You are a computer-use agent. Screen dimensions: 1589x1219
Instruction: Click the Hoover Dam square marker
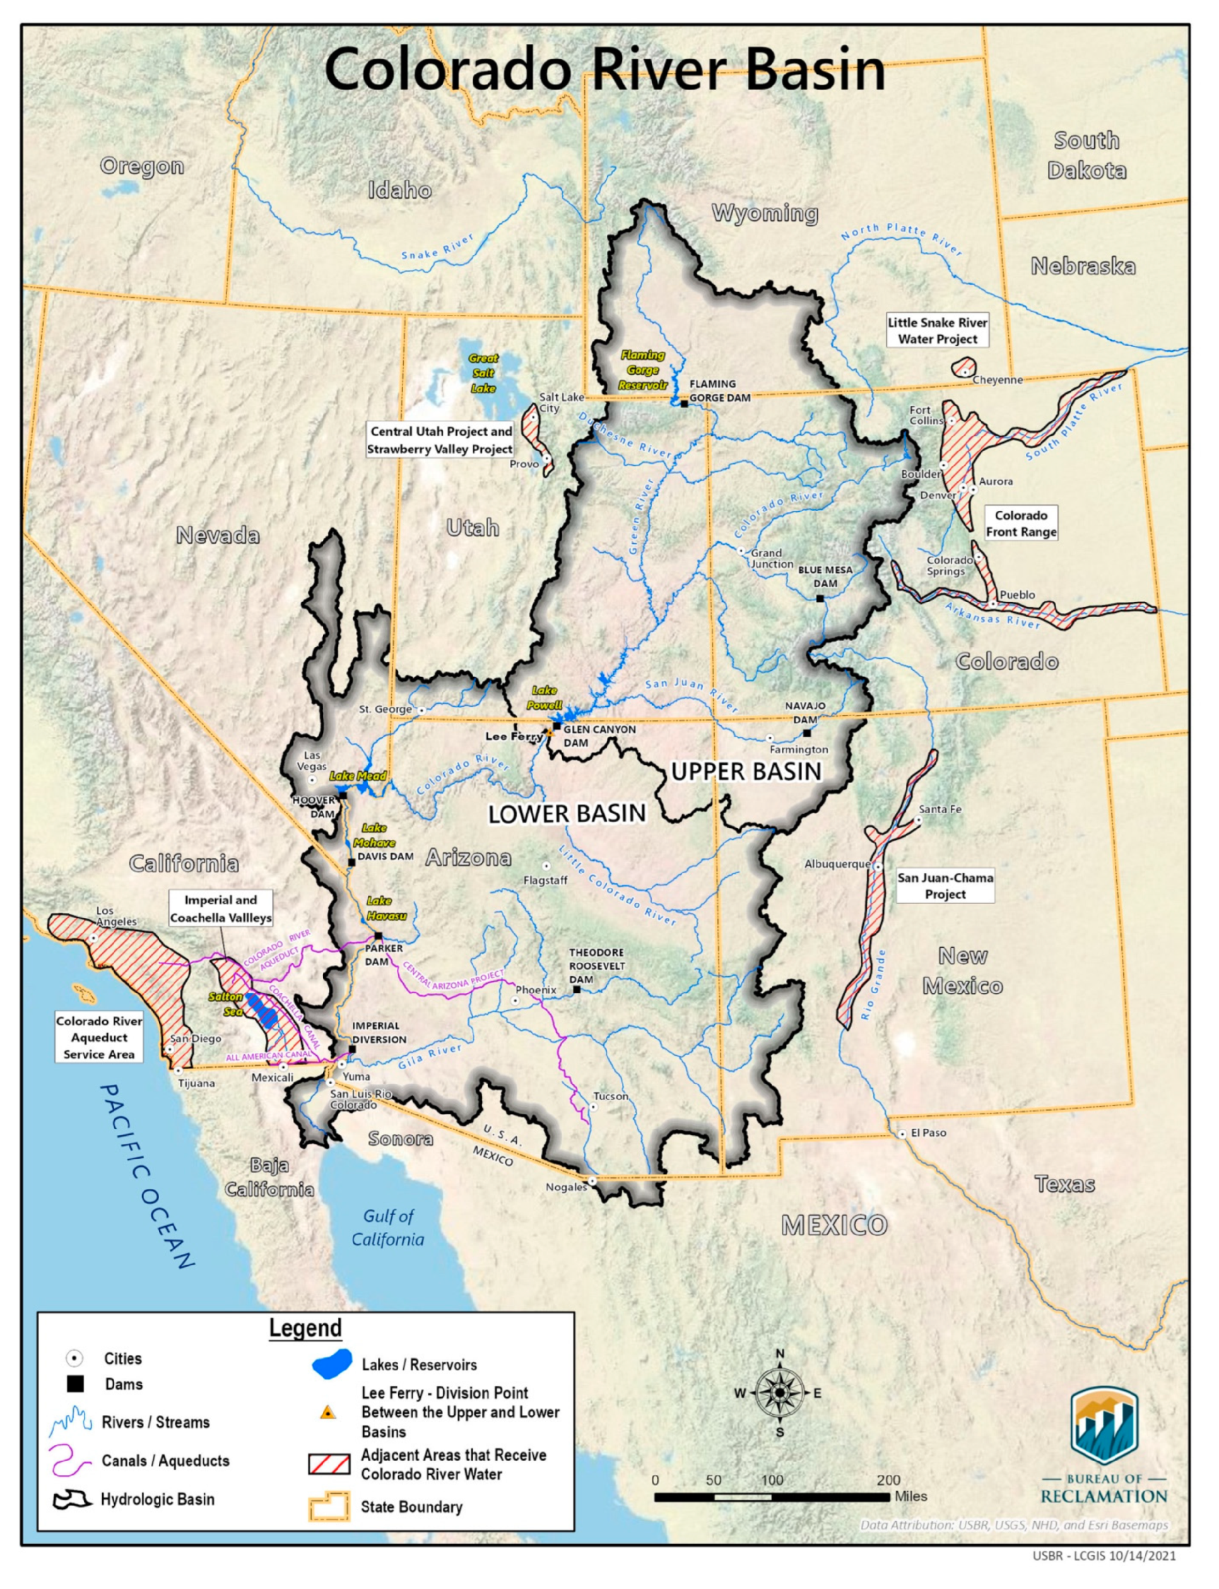tap(343, 796)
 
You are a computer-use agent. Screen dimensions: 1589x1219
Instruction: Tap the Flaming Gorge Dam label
tap(719, 391)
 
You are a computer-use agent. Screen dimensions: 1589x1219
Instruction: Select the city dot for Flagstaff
tap(546, 866)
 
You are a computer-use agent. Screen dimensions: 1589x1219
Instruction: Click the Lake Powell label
tap(544, 697)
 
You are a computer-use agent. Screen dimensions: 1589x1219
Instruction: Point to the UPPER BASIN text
tap(746, 771)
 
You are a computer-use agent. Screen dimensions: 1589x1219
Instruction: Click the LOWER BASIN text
tap(567, 814)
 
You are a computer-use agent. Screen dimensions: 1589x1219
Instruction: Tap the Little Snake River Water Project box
tap(938, 331)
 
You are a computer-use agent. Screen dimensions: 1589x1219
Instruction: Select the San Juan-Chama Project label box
tap(945, 886)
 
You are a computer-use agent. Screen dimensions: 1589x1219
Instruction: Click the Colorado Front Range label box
tap(1021, 523)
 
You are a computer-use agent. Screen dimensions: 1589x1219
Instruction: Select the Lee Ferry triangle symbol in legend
tap(328, 1412)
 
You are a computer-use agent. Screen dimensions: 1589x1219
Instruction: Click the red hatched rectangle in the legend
tap(329, 1463)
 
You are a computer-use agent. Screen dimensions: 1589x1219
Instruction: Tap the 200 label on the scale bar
tap(888, 1479)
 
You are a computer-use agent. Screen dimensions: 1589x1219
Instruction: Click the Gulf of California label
tap(388, 1227)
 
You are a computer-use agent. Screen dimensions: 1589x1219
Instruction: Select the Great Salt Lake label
tap(483, 373)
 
